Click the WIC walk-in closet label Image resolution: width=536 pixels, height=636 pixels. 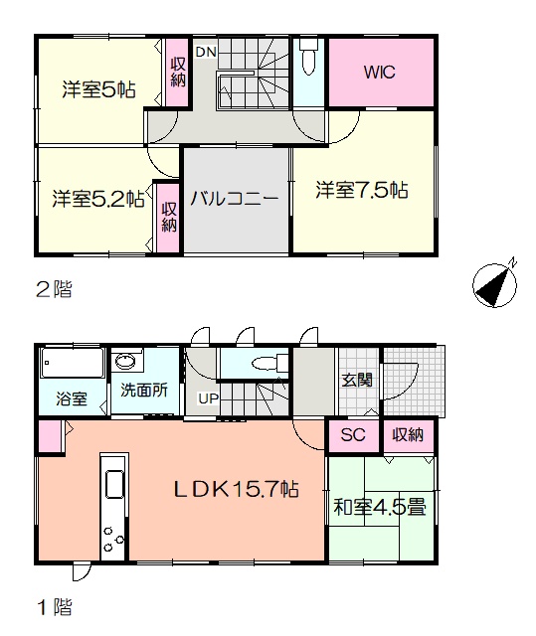[379, 73]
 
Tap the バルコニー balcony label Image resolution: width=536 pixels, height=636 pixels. [235, 199]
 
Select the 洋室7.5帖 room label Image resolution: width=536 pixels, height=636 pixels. [362, 190]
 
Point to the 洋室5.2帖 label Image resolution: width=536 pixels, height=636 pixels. [98, 199]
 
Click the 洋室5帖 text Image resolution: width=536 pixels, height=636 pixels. [99, 89]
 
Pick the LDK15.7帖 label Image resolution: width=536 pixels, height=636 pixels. [237, 489]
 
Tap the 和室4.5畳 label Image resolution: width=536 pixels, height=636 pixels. [380, 507]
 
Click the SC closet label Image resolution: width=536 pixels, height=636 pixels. [353, 435]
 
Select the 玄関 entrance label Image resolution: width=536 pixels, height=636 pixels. [357, 380]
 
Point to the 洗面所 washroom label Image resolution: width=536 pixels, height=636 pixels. [144, 390]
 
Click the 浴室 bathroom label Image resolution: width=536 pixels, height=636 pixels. [72, 398]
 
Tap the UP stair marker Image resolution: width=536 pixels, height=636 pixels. [209, 398]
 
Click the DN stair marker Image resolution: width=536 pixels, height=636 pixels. [206, 52]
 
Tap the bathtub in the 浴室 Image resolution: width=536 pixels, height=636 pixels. [73, 363]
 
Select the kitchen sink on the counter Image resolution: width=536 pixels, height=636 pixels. [114, 484]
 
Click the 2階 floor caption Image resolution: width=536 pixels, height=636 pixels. [55, 289]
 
